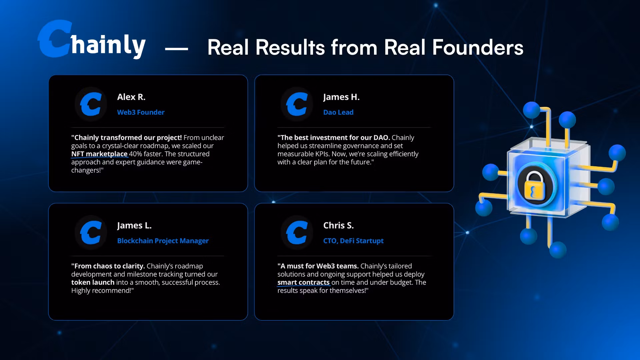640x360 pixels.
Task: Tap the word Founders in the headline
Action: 478,47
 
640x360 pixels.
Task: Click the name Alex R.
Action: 131,97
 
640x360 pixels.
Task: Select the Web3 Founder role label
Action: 141,112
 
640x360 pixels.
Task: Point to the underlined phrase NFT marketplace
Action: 99,154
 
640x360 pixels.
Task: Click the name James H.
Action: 341,97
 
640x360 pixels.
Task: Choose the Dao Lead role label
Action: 338,112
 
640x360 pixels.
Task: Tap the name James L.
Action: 134,226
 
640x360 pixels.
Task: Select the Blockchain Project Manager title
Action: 163,241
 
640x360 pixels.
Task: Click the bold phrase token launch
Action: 93,282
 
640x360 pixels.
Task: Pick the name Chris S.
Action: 338,225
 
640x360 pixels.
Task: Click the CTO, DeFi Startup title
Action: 353,241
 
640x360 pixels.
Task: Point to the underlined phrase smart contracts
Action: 303,283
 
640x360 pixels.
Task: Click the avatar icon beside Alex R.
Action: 91,104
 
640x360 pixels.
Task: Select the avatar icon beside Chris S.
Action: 297,232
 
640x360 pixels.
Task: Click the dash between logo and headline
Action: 176,49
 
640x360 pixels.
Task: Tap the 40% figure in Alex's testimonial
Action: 136,154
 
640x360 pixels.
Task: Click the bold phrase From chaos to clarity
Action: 108,266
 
